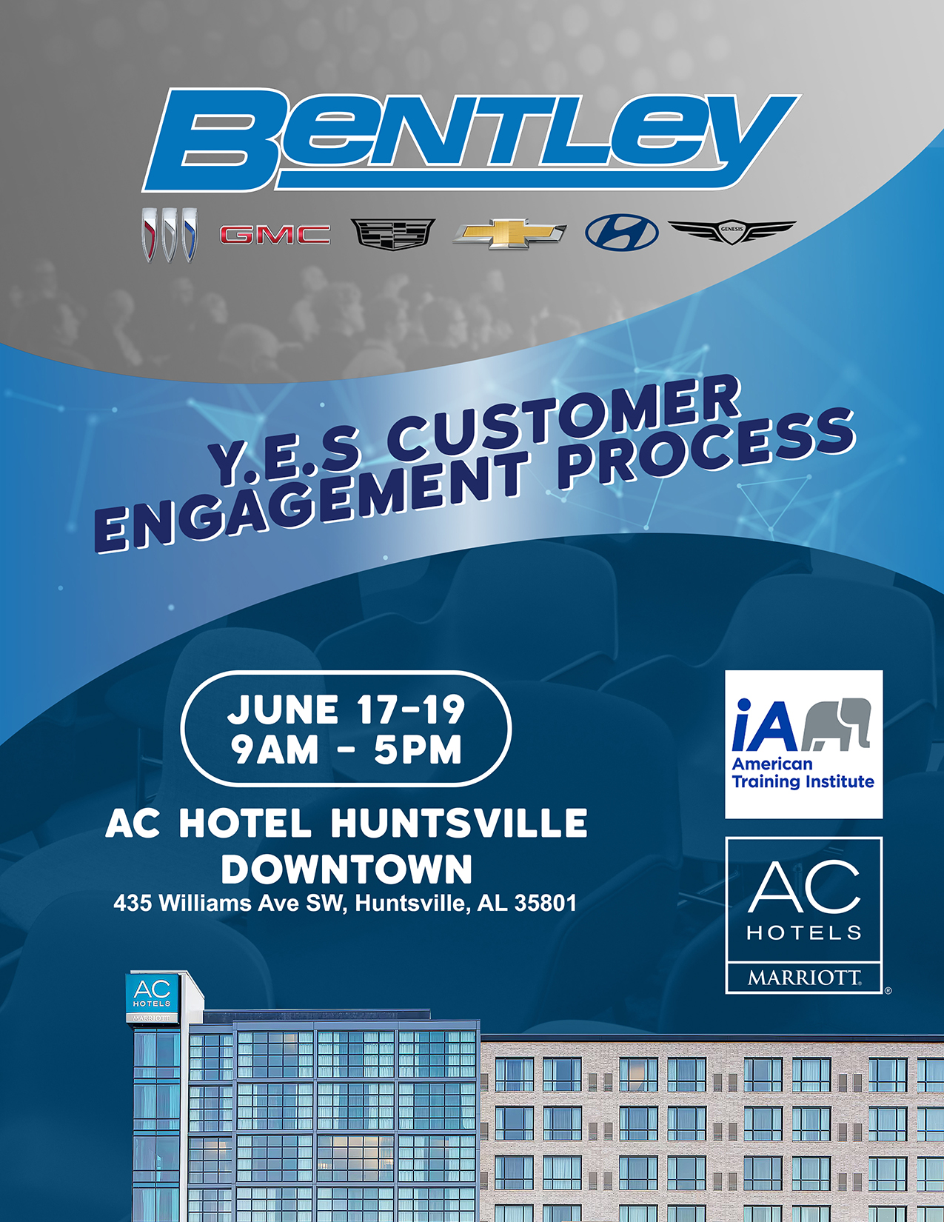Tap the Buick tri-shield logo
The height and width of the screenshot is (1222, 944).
point(170,234)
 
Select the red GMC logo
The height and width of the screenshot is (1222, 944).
point(275,235)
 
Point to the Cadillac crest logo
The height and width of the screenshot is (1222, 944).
point(392,234)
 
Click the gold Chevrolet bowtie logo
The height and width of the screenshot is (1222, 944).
point(509,233)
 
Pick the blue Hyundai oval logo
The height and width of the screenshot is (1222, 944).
point(621,233)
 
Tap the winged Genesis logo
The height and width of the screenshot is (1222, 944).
point(732,231)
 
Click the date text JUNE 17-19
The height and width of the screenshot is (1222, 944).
point(346,710)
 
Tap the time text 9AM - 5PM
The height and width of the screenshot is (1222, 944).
point(346,749)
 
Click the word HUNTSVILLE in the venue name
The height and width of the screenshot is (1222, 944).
point(459,824)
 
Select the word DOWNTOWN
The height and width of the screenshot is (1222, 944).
point(347,869)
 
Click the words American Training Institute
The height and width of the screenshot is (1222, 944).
point(803,773)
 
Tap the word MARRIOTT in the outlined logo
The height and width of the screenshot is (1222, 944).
point(804,978)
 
